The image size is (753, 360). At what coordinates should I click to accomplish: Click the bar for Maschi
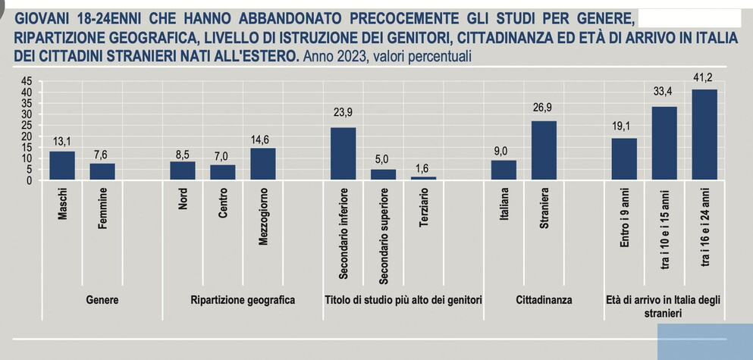(62, 165)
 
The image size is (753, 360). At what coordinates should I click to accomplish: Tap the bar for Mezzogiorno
(262, 164)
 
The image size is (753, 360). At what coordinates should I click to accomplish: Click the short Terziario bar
(423, 178)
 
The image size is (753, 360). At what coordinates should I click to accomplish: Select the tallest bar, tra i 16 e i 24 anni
(704, 134)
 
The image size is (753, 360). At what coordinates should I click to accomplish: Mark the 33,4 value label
(664, 93)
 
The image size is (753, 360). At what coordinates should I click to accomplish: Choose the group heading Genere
(103, 300)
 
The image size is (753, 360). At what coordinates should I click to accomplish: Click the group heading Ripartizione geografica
(243, 300)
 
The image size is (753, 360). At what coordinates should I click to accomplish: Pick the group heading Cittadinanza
(544, 300)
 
